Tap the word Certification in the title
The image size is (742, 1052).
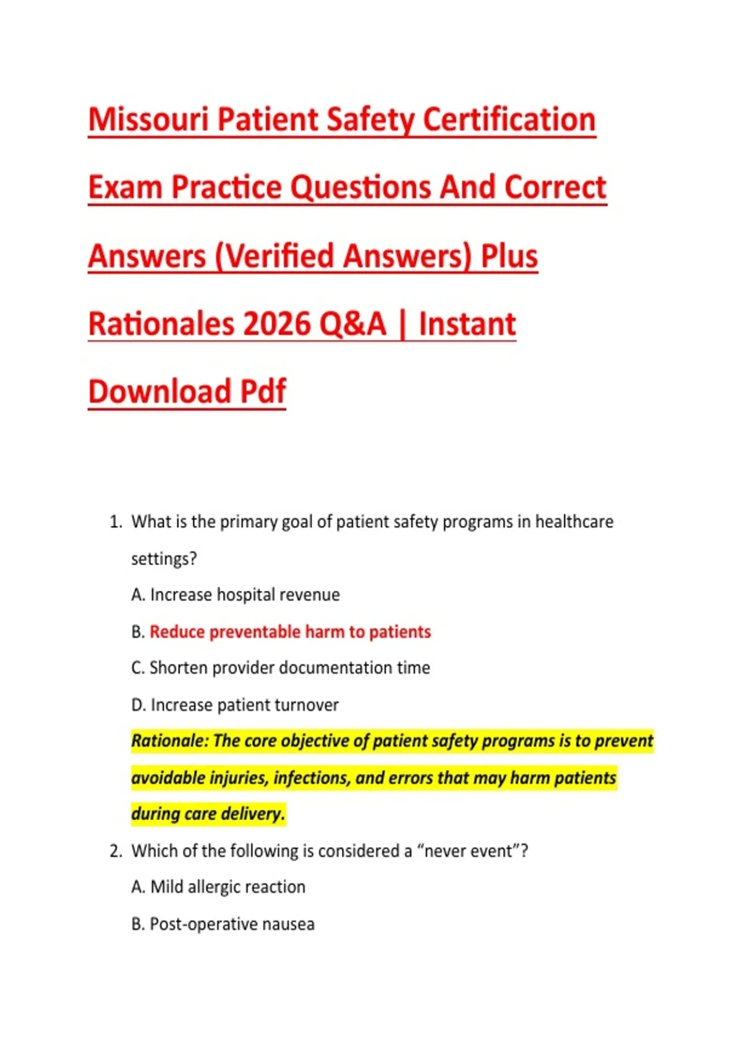tap(509, 119)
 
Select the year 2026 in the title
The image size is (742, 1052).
tap(276, 324)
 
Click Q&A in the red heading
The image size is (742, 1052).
tap(352, 324)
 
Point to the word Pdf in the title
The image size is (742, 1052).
tap(263, 391)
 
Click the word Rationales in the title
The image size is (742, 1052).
tap(161, 324)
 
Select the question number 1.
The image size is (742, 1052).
tap(116, 522)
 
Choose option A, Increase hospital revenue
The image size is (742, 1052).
tap(236, 595)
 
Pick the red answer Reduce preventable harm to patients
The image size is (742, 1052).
tap(290, 632)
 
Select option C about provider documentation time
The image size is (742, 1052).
tap(281, 667)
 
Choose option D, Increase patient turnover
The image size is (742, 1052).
tap(235, 704)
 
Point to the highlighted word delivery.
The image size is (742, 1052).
tap(253, 814)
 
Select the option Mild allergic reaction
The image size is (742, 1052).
tap(218, 887)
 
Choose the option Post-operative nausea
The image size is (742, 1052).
tap(223, 924)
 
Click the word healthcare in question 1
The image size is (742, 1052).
tap(574, 522)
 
